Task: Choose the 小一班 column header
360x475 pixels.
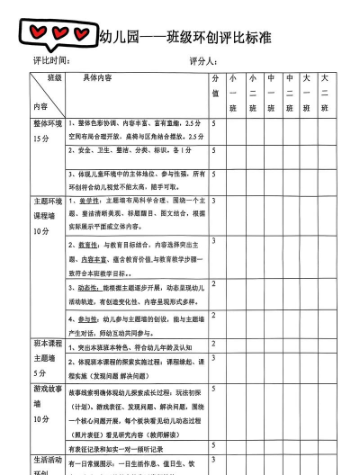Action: (x=233, y=93)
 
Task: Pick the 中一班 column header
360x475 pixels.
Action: (x=289, y=93)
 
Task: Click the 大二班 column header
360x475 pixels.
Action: (x=326, y=93)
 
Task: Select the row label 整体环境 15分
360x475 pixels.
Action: (x=47, y=131)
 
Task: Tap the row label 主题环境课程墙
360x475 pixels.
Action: (x=47, y=216)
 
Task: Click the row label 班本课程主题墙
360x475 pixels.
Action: (x=47, y=357)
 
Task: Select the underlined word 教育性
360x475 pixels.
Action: (x=88, y=244)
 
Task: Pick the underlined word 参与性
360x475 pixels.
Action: (x=88, y=319)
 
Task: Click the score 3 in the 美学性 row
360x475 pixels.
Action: (x=214, y=201)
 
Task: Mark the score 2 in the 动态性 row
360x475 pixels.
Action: (x=214, y=284)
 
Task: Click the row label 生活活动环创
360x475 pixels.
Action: (x=47, y=464)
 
